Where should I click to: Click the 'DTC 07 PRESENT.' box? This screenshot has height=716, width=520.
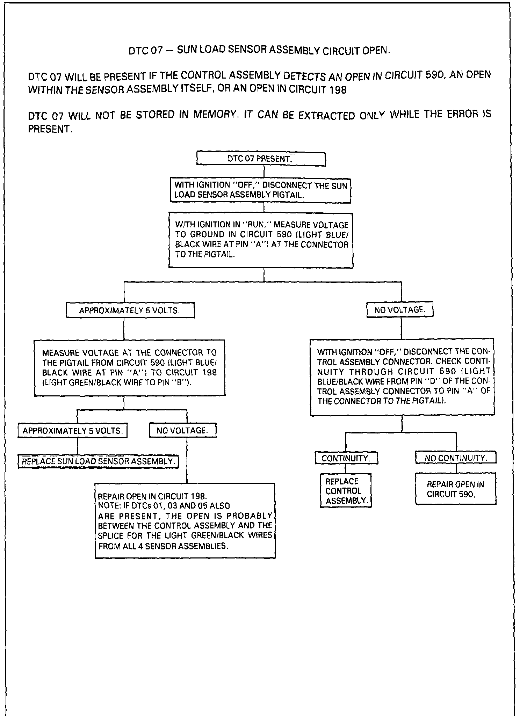(261, 159)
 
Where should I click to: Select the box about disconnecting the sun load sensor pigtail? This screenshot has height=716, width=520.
(260, 190)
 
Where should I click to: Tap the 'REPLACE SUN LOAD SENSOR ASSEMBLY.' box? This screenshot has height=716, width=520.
(98, 461)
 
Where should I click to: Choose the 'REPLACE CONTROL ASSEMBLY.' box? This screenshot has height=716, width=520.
(346, 491)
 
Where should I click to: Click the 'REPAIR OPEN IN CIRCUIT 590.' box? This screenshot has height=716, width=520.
(455, 489)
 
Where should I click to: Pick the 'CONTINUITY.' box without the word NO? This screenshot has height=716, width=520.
(346, 458)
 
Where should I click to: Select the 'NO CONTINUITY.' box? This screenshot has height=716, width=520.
(456, 458)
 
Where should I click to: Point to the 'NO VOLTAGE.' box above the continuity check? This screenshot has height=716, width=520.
(400, 310)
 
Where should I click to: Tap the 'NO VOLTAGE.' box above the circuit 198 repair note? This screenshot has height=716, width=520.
(182, 431)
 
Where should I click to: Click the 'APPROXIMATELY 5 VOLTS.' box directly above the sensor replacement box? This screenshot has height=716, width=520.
(73, 431)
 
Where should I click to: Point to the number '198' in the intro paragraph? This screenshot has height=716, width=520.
(338, 90)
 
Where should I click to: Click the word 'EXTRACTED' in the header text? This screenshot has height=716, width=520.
(327, 115)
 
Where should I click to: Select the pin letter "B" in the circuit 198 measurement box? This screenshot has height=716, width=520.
(184, 382)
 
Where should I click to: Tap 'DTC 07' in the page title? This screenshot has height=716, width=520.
(146, 51)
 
